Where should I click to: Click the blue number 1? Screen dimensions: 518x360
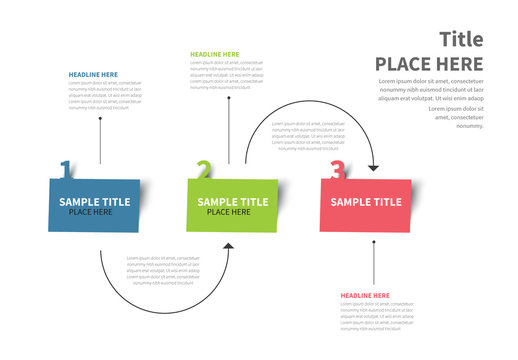tap(66, 169)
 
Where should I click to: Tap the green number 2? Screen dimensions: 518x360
tap(203, 170)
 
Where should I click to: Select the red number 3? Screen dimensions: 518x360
tap(337, 171)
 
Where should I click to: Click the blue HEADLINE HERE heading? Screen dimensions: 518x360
tap(93, 74)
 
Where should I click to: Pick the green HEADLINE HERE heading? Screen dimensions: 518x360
tap(214, 54)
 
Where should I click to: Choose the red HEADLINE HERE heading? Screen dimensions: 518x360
tap(365, 296)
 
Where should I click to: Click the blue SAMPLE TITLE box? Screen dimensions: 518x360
tap(94, 204)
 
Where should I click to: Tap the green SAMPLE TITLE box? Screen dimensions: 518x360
tap(231, 204)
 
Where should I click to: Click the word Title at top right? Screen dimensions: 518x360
tap(461, 39)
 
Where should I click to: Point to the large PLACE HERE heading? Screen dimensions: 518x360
tap(429, 64)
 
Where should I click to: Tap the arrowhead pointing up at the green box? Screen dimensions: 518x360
tap(229, 245)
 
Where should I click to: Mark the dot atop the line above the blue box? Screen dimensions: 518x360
tap(100, 118)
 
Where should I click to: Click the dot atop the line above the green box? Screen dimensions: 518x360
tap(229, 98)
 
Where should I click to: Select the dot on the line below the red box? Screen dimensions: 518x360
tap(374, 241)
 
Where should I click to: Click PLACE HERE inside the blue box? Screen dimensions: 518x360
tap(90, 212)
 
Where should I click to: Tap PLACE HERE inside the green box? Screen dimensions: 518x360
tap(229, 212)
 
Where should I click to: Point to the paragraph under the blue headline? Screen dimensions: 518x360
tap(105, 95)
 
